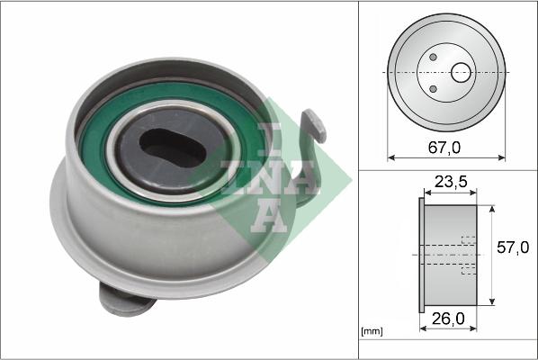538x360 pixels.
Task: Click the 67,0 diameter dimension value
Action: (444, 148)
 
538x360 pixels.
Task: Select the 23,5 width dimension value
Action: (451, 182)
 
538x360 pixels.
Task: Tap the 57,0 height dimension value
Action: (513, 247)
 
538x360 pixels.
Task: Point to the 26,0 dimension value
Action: (448, 319)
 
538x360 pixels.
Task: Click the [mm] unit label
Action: (372, 331)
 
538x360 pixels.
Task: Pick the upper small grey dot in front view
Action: (433, 57)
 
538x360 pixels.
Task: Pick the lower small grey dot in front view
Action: (433, 89)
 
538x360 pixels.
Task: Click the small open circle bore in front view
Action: (461, 73)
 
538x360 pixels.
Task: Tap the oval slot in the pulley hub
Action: (172, 148)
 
